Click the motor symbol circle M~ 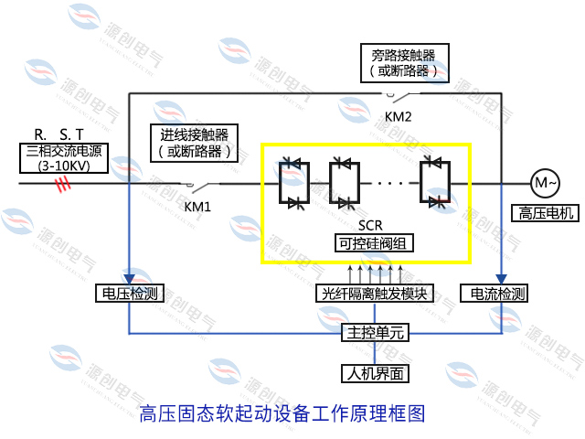click(546, 183)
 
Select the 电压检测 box click(128, 294)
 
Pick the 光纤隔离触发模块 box click(376, 294)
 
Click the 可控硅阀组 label click(364, 243)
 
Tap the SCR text click(365, 225)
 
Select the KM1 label click(197, 206)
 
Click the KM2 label click(399, 116)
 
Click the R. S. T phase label click(58, 134)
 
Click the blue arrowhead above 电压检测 click(130, 279)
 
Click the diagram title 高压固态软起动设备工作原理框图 click(282, 413)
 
